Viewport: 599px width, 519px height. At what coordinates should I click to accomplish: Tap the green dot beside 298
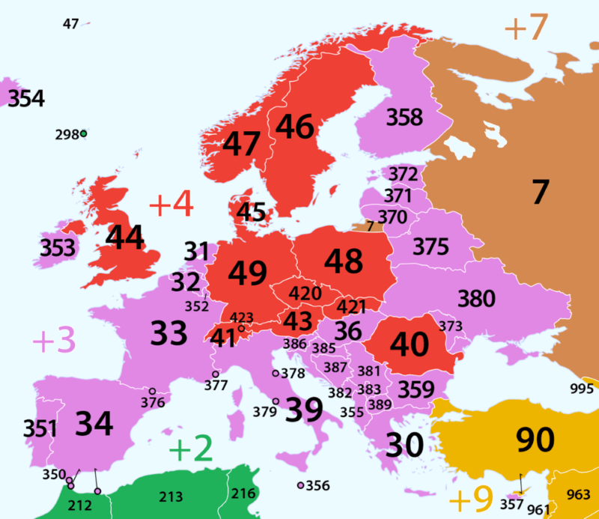(84, 134)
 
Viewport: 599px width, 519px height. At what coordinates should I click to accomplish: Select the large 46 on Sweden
(294, 127)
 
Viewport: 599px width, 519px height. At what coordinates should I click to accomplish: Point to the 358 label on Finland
(404, 118)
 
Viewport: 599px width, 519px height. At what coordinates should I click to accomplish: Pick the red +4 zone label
(171, 205)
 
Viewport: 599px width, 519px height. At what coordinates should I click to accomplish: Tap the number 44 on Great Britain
(126, 237)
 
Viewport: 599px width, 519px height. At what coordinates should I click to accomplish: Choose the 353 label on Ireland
(58, 247)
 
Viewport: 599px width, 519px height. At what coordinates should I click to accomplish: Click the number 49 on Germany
(248, 273)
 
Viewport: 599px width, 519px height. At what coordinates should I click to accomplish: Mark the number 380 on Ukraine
(476, 298)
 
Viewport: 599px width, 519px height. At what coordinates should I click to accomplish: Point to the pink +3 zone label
(54, 342)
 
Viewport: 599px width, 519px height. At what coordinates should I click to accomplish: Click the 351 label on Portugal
(40, 429)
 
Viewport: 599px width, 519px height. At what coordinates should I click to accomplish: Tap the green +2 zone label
(191, 449)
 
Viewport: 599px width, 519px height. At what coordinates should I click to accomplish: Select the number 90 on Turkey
(534, 440)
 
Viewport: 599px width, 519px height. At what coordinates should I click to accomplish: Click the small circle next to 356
(300, 486)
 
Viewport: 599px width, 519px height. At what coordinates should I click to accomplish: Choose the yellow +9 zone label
(470, 498)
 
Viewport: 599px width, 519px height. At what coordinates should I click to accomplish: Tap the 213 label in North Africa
(171, 497)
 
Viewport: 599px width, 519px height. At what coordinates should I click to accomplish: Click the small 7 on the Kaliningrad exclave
(369, 225)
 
